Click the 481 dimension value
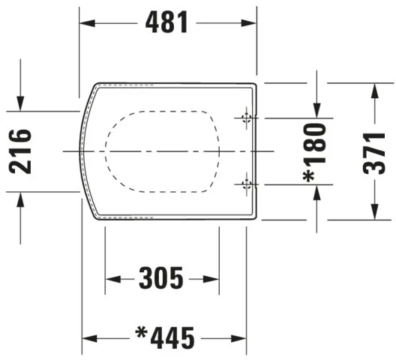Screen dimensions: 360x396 (x=167, y=22)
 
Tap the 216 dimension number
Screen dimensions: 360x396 (x=21, y=151)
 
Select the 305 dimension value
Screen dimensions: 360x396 (x=161, y=279)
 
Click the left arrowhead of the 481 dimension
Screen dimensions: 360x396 (x=85, y=22)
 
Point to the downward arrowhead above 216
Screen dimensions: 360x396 (x=21, y=106)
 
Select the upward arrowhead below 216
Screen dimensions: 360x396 (x=21, y=197)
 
